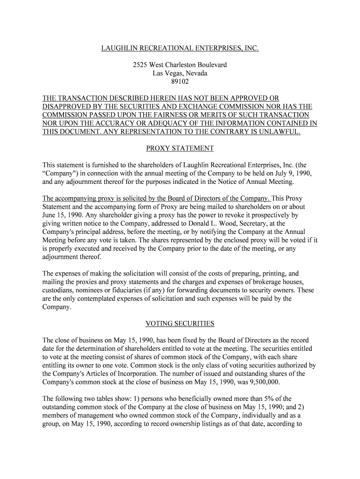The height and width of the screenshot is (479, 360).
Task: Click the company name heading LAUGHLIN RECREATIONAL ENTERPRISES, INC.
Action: coord(180,48)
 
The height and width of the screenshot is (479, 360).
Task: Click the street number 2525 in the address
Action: coord(141,65)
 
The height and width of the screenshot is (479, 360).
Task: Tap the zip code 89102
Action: coord(180,81)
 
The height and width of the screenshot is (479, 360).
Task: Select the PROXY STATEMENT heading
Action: coord(180,148)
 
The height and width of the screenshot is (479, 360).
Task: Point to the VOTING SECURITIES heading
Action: coord(180,323)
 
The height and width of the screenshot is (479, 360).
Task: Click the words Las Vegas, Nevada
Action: coord(180,73)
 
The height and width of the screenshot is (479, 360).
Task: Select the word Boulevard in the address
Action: coord(209,65)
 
